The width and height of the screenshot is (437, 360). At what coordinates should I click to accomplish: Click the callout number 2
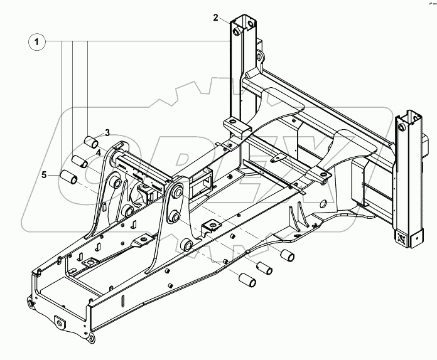(216, 18)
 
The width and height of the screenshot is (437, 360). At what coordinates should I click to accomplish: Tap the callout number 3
(107, 132)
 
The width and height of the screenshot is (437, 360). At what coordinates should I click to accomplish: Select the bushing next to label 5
(69, 178)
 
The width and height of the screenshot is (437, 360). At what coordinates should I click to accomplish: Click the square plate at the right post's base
(400, 238)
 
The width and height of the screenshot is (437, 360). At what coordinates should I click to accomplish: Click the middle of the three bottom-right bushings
(265, 267)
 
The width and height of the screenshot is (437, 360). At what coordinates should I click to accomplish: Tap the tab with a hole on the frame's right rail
(212, 226)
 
